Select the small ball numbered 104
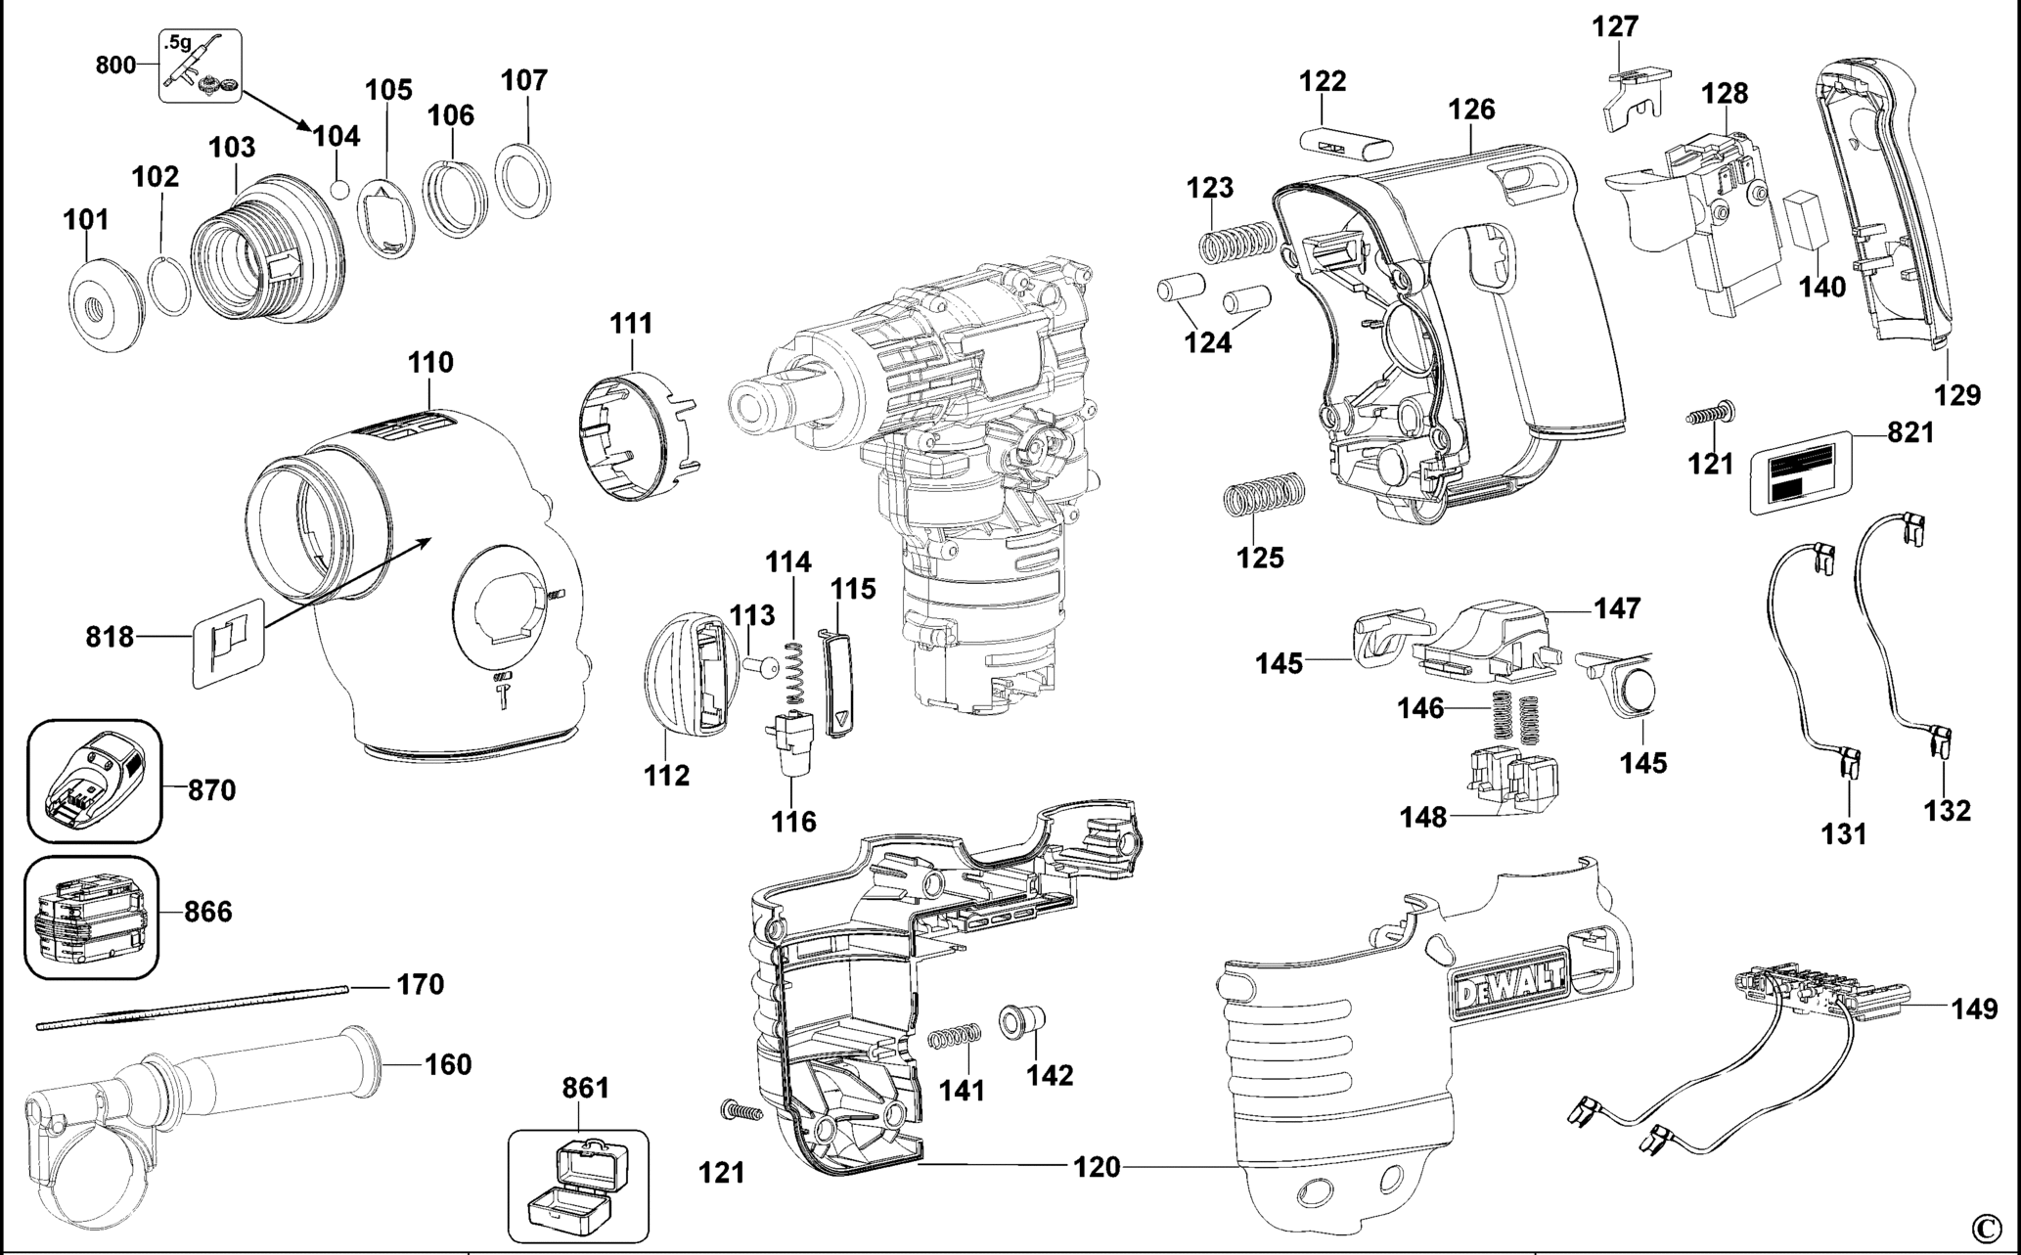coord(339,187)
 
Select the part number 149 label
coord(1974,1008)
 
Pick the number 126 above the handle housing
coord(1472,109)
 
